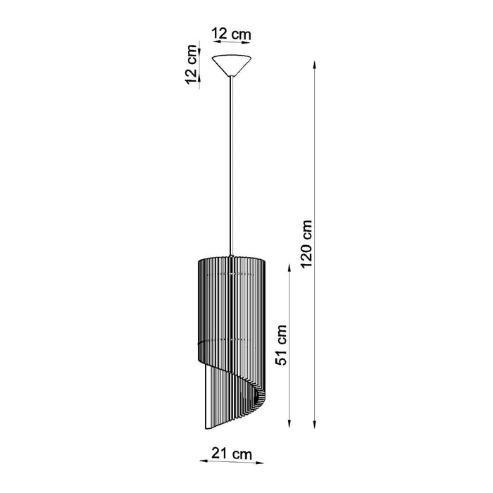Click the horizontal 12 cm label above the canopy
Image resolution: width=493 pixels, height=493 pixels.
pyautogui.click(x=232, y=33)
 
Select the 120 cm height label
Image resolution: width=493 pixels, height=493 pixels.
pyautogui.click(x=304, y=242)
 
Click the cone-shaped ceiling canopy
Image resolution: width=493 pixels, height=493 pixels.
pyautogui.click(x=232, y=63)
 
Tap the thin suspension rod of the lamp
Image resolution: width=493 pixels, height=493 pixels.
pyautogui.click(x=232, y=162)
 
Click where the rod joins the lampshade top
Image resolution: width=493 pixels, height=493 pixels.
pyautogui.click(x=232, y=255)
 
